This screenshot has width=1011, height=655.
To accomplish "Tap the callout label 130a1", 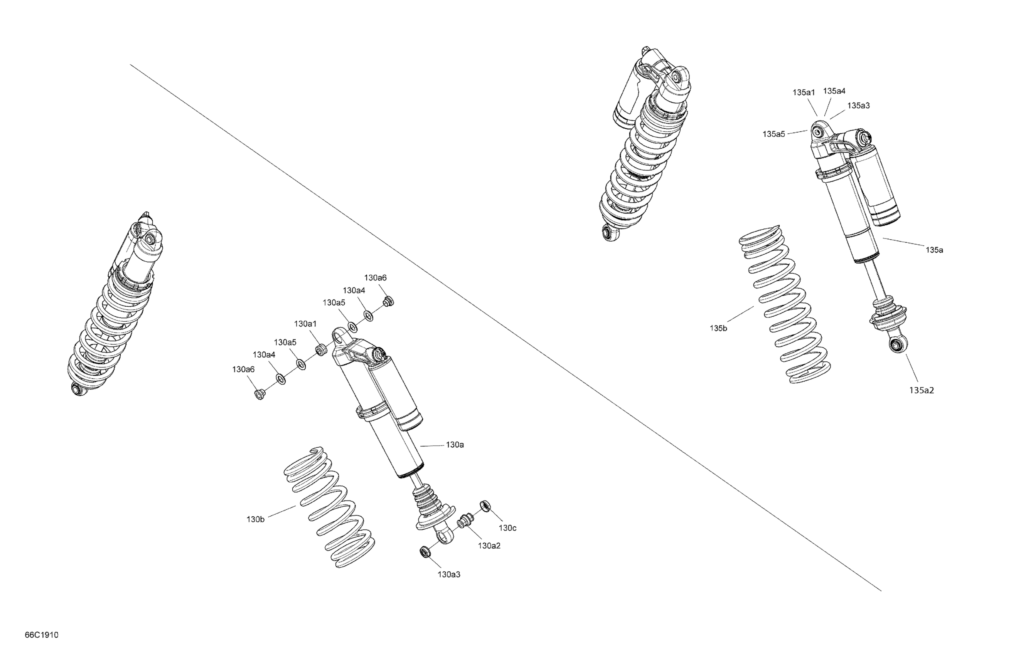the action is pos(305,324).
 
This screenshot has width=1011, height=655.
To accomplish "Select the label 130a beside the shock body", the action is pos(455,445).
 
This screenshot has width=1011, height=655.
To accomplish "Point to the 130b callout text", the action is pos(255,519).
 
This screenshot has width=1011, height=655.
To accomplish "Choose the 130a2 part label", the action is pos(489,546).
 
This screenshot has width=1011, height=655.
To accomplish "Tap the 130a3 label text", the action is pos(449,575).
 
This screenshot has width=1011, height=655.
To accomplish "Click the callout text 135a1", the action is pos(804,92).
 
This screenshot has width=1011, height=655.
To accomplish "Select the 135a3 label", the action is pos(858,106).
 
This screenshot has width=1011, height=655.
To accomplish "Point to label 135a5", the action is pos(774,134).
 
